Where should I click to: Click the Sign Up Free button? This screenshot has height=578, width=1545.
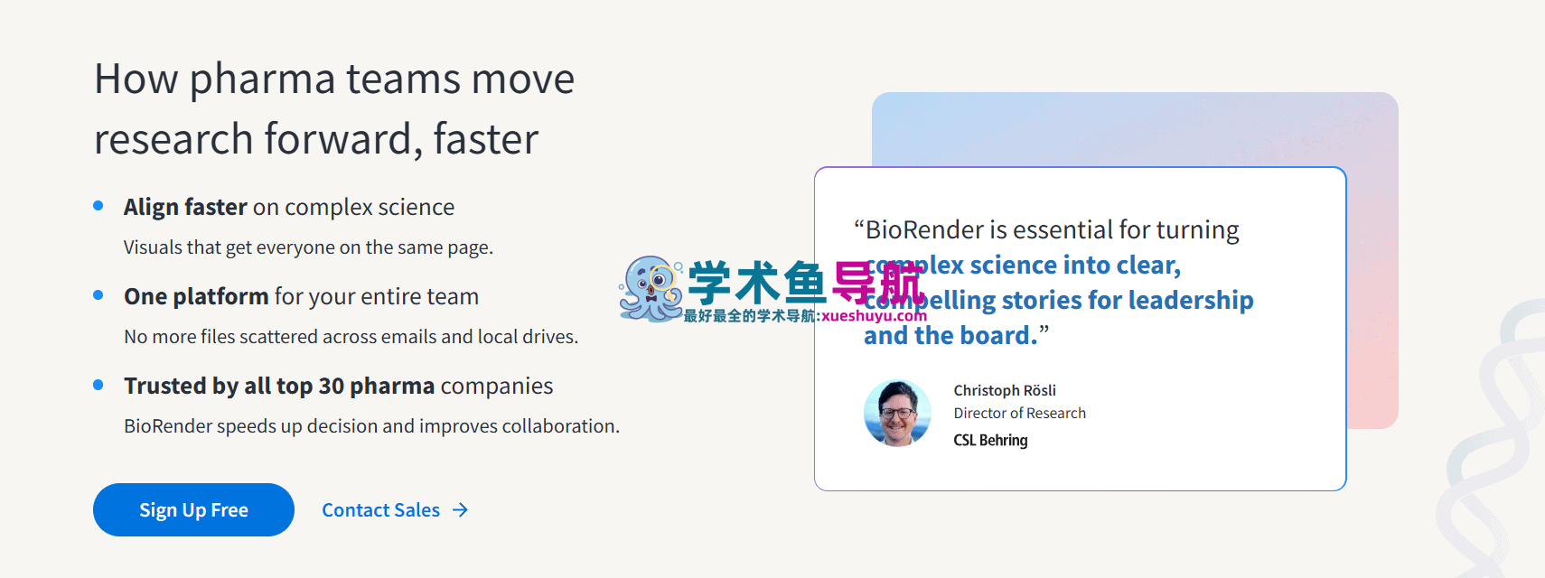tap(193, 510)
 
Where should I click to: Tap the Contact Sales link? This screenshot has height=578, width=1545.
tap(380, 510)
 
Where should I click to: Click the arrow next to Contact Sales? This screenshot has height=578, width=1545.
tap(461, 510)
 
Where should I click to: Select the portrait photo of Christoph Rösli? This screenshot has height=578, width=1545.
tap(897, 414)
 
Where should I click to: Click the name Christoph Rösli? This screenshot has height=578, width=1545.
tap(1004, 390)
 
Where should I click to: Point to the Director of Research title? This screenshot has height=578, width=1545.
tap(1019, 413)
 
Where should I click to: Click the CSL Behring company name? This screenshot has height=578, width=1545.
tap(990, 440)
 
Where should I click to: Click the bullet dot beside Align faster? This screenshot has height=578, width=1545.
tap(98, 206)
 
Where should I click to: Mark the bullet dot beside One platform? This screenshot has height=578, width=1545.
tap(98, 295)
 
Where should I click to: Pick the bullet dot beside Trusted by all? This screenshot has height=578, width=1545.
tap(98, 385)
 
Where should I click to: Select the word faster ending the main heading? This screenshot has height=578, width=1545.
tap(485, 140)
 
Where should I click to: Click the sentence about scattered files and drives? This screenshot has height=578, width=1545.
tap(351, 337)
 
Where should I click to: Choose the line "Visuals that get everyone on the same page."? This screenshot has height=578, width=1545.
tap(308, 247)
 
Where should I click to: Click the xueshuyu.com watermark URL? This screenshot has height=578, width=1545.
tap(874, 316)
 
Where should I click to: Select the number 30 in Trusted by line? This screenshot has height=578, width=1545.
tap(332, 387)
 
